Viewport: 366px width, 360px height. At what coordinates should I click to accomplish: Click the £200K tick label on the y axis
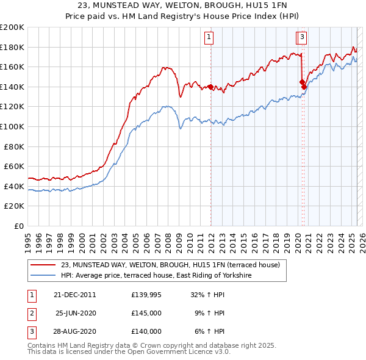[x=12, y=27]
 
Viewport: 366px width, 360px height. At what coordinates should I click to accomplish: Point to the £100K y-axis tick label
[x=12, y=126]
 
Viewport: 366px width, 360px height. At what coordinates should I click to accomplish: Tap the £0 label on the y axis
[x=19, y=226]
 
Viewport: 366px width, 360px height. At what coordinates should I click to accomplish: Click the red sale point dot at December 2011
[x=210, y=87]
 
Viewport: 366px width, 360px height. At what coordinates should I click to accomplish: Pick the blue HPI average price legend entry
[x=156, y=276]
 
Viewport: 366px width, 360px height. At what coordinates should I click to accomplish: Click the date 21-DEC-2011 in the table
[x=75, y=294]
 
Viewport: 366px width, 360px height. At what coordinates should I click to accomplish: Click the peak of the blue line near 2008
[x=166, y=106]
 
